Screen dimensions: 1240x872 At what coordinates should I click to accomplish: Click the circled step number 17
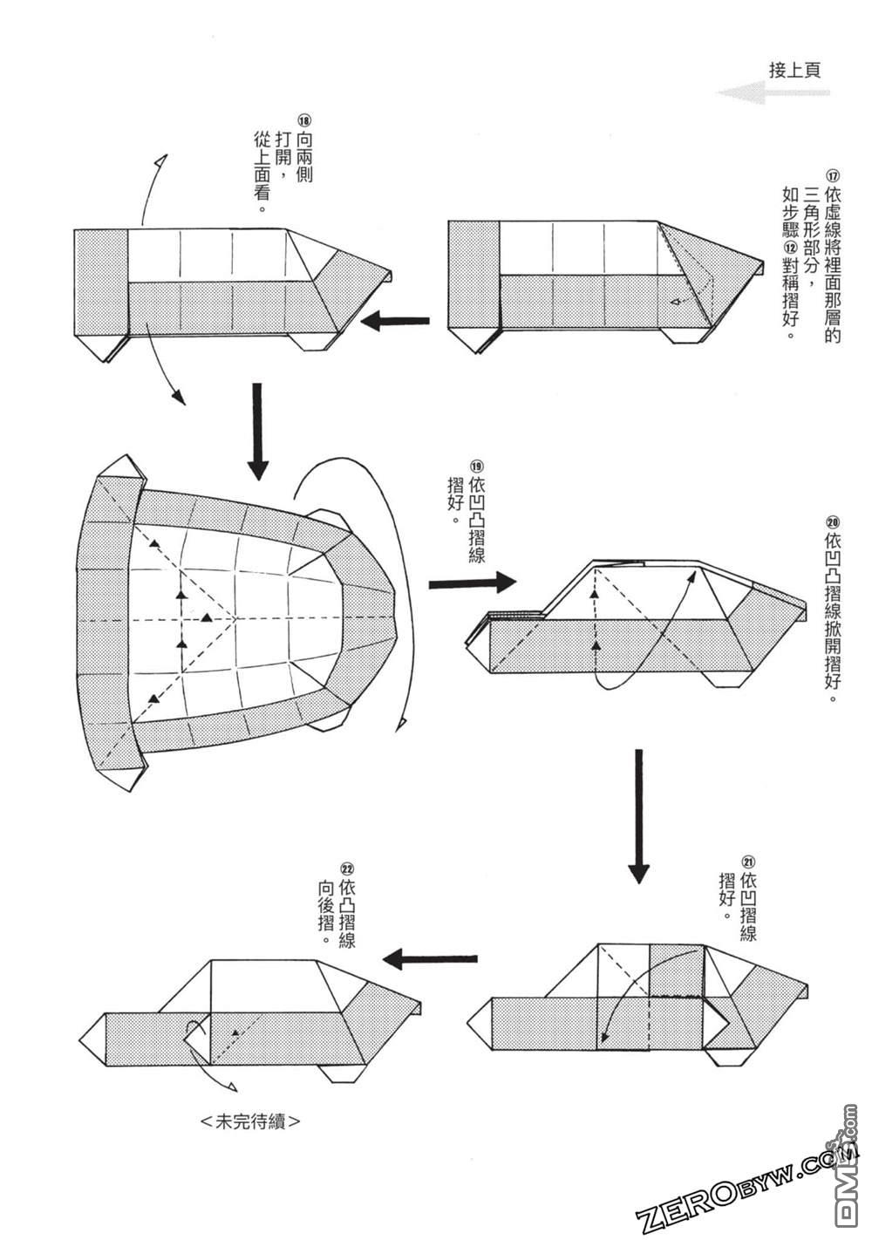pyautogui.click(x=831, y=174)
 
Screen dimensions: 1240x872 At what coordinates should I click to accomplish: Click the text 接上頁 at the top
pyautogui.click(x=794, y=70)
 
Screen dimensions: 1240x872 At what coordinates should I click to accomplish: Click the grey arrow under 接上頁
pyautogui.click(x=772, y=93)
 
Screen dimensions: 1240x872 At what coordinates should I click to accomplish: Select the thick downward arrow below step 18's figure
pyautogui.click(x=256, y=431)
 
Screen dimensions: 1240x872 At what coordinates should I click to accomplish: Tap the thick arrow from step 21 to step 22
pyautogui.click(x=432, y=959)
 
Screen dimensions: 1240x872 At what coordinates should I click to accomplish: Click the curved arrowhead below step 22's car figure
pyautogui.click(x=233, y=1085)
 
